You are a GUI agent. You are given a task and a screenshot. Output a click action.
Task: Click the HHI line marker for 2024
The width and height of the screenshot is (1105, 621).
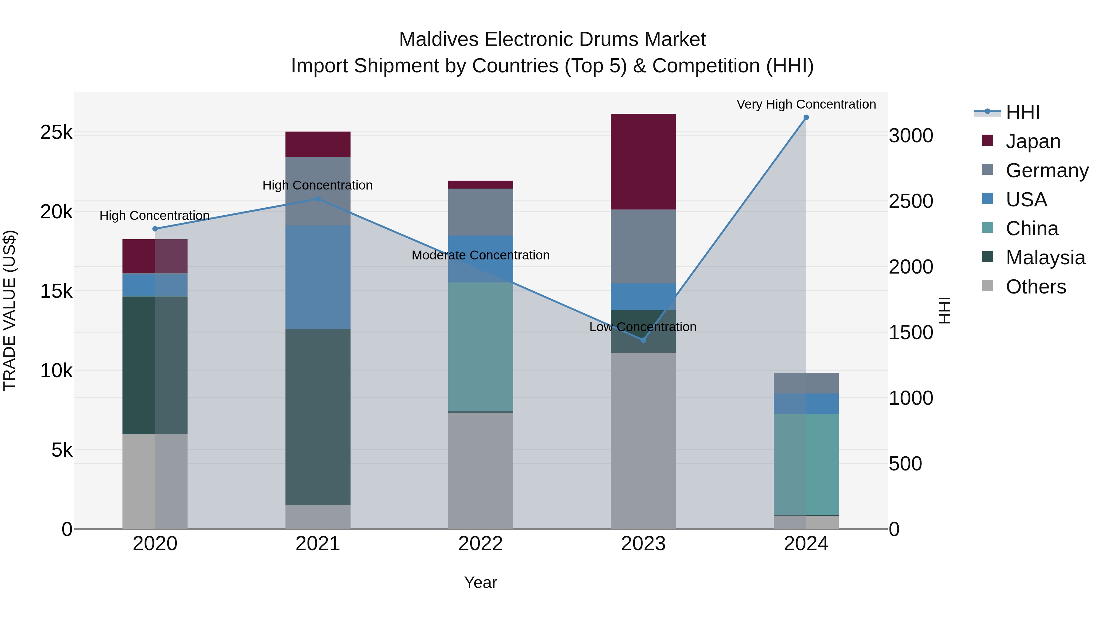pyautogui.click(x=806, y=117)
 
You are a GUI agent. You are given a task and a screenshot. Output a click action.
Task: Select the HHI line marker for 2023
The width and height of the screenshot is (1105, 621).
pyautogui.click(x=643, y=340)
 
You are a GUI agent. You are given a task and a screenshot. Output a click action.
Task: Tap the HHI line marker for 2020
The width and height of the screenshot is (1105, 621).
pyautogui.click(x=155, y=229)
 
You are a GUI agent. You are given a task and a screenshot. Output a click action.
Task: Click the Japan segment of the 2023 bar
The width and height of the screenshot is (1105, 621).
pyautogui.click(x=643, y=162)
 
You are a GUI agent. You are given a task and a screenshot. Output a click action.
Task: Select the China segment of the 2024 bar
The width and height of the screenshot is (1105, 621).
pyautogui.click(x=806, y=464)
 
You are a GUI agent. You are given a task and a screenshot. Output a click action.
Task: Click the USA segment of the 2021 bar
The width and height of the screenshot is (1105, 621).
pyautogui.click(x=318, y=277)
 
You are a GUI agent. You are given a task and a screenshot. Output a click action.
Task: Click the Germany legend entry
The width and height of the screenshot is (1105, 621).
pyautogui.click(x=1047, y=171)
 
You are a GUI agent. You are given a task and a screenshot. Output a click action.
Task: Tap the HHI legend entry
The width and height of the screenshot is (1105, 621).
pyautogui.click(x=1023, y=112)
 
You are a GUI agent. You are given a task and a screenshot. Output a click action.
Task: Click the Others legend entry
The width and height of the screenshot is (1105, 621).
pyautogui.click(x=1036, y=287)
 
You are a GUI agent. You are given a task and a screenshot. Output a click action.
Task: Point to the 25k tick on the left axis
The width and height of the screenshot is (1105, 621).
pyautogui.click(x=56, y=132)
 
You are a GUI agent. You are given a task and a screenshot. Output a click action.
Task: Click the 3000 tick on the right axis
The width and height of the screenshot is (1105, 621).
pyautogui.click(x=911, y=136)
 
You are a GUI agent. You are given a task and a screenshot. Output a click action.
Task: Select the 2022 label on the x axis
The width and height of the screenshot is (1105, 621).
pyautogui.click(x=480, y=543)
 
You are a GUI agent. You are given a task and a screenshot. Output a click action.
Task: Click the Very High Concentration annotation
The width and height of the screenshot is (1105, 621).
pyautogui.click(x=806, y=104)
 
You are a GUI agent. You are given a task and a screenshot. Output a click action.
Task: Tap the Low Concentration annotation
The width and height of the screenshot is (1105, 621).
pyautogui.click(x=642, y=327)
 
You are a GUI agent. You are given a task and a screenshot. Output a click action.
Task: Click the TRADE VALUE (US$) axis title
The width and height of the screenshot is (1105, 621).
pyautogui.click(x=10, y=310)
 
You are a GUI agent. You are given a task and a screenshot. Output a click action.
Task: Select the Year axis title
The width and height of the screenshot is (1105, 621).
pyautogui.click(x=480, y=582)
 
